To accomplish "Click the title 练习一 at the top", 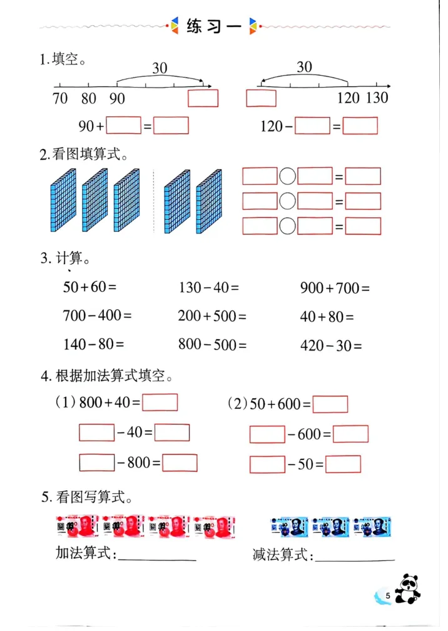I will pos(213,26).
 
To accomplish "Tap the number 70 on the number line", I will pos(60,98).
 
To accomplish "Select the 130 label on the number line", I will pos(377,98).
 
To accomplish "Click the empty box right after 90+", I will pos(123,126).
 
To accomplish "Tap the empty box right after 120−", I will pos(312,126).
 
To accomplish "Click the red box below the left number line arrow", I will pos(203,98).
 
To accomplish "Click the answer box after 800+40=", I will pos(160,403).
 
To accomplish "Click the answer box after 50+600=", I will pos(330,404).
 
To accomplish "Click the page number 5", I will pos(389,595).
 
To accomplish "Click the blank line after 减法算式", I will pos(355,557).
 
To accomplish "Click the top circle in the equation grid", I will pos(287,177).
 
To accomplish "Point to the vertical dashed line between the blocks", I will pos(153,200).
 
